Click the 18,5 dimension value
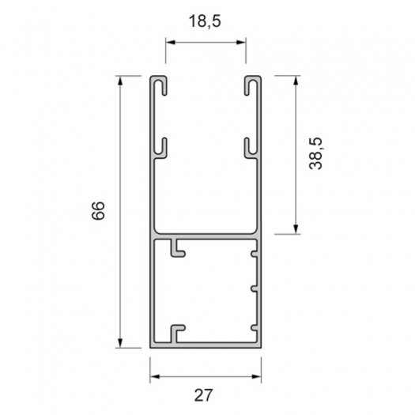point(205,21)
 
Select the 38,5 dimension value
point(315,153)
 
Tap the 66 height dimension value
point(98,211)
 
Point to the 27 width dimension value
point(203,395)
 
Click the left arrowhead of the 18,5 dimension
point(171,43)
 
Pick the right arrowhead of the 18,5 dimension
point(241,43)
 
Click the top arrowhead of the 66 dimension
point(120,81)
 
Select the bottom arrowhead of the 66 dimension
point(120,343)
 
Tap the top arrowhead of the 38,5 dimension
point(296,81)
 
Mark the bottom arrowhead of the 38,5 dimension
point(296,229)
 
